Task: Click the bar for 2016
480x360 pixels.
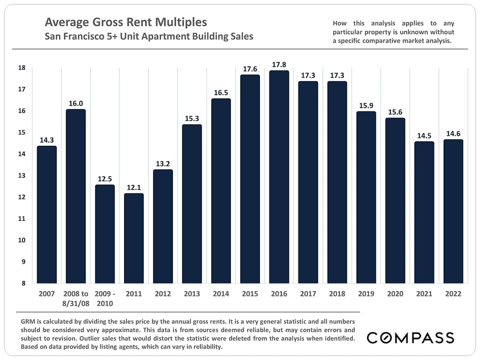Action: (x=279, y=177)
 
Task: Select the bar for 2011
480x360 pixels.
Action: (x=134, y=238)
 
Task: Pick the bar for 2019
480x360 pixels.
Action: (x=366, y=197)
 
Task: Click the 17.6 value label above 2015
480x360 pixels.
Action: (x=250, y=69)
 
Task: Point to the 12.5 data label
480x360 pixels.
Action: (x=105, y=179)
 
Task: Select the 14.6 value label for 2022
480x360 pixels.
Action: (x=453, y=133)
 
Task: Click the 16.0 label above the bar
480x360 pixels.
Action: (x=76, y=103)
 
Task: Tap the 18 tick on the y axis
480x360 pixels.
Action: (x=22, y=68)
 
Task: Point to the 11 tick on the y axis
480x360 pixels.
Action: (x=22, y=219)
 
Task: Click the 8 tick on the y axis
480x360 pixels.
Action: (x=23, y=283)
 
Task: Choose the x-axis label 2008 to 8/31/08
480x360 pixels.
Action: (x=76, y=298)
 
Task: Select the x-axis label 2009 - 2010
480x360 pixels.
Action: (x=105, y=298)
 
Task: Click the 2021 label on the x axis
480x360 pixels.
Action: (x=424, y=294)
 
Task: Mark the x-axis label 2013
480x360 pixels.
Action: (x=192, y=294)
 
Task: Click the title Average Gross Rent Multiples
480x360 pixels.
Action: (x=126, y=22)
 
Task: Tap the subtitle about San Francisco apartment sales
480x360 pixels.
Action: (x=149, y=36)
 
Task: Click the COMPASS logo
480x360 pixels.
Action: (x=410, y=337)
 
